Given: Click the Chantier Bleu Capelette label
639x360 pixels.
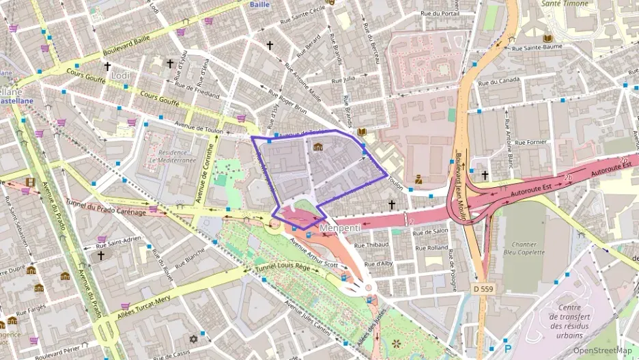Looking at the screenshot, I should click(524, 248).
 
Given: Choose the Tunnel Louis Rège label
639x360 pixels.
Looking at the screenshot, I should click(283, 264).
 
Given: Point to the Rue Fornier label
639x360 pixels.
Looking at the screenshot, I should click(531, 143).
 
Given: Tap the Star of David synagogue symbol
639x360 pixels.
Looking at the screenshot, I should click(193, 339).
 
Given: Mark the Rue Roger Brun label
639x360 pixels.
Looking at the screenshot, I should click(287, 103).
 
